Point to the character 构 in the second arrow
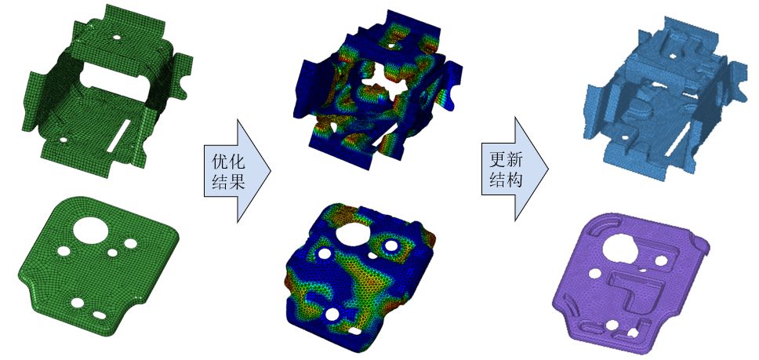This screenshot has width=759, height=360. click(x=513, y=180)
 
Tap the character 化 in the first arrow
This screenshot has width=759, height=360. click(x=234, y=161)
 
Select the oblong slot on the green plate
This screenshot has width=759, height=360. click(x=100, y=315)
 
